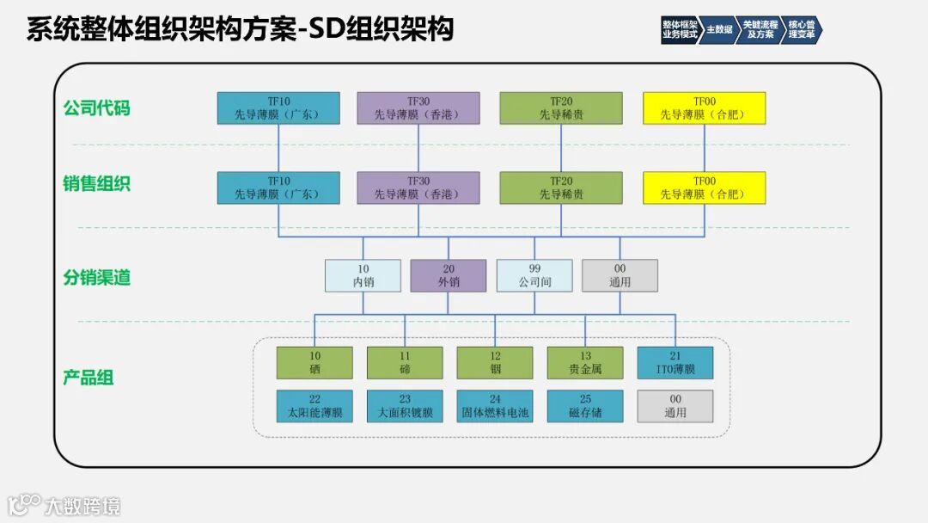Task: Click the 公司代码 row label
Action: (x=96, y=108)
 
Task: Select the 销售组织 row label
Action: (x=96, y=183)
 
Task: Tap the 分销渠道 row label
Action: (x=96, y=277)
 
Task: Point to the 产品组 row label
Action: (x=89, y=378)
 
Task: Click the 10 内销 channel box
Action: (x=363, y=275)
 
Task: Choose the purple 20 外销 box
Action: (x=448, y=275)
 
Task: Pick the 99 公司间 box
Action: (x=534, y=275)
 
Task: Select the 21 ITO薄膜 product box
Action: (x=675, y=363)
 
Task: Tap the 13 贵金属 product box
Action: (x=584, y=363)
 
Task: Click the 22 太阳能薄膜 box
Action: (x=314, y=406)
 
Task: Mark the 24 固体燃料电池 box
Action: (x=495, y=406)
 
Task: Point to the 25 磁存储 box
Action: (x=584, y=406)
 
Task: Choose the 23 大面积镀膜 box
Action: (x=405, y=406)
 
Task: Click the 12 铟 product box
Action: (x=495, y=363)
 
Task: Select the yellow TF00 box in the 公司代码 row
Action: (x=704, y=108)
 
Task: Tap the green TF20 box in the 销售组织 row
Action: (x=561, y=188)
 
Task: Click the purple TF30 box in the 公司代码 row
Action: (x=418, y=108)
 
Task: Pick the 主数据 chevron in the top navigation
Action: (x=719, y=29)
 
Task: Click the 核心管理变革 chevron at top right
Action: (x=801, y=29)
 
